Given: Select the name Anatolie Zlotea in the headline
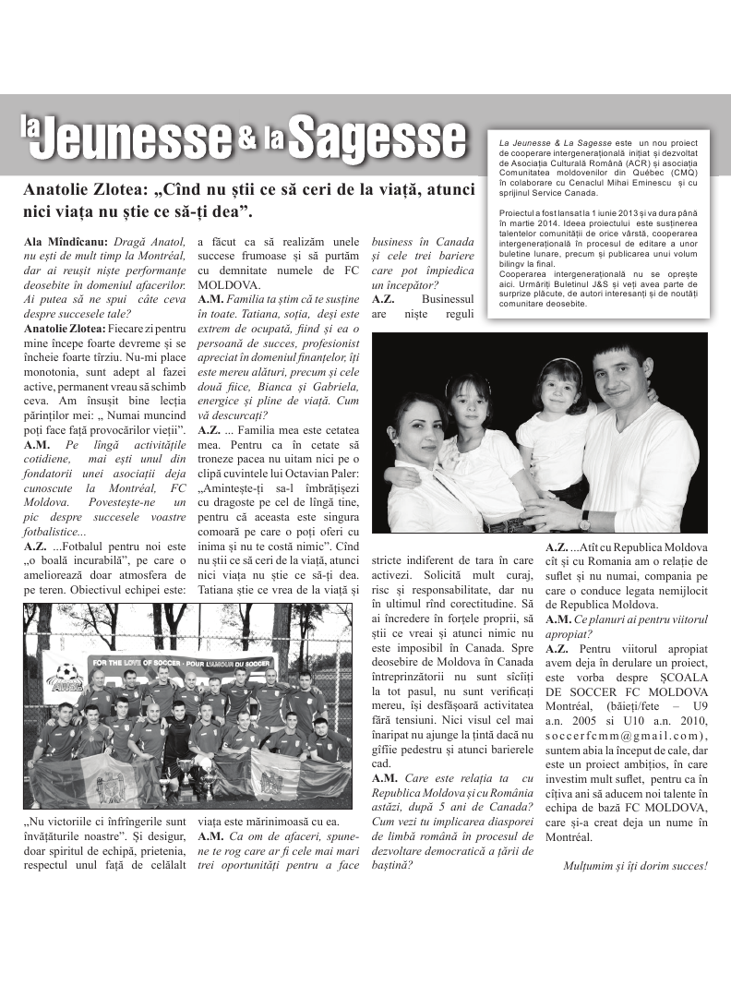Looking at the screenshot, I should coord(83,191).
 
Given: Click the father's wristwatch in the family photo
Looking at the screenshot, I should coord(584,520).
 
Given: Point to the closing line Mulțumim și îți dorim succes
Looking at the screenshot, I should coord(635,866).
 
